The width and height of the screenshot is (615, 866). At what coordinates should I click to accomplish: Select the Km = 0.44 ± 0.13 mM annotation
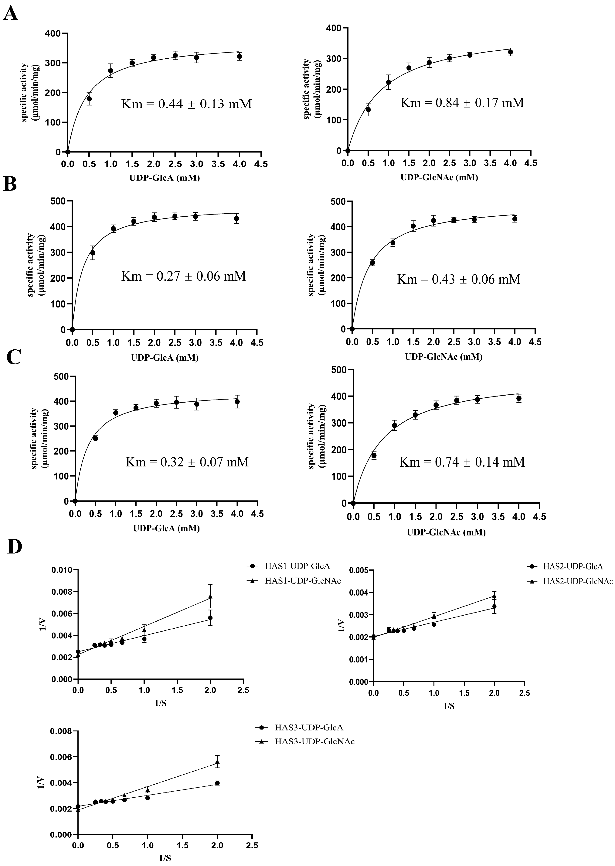point(186,104)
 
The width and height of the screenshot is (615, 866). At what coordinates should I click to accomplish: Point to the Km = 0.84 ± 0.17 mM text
point(462,103)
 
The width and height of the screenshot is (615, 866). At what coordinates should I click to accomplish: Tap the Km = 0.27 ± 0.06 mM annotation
point(183,276)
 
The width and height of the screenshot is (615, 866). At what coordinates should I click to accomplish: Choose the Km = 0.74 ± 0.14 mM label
point(462,462)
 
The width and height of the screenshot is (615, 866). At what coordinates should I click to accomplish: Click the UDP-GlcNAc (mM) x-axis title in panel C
point(446,532)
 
